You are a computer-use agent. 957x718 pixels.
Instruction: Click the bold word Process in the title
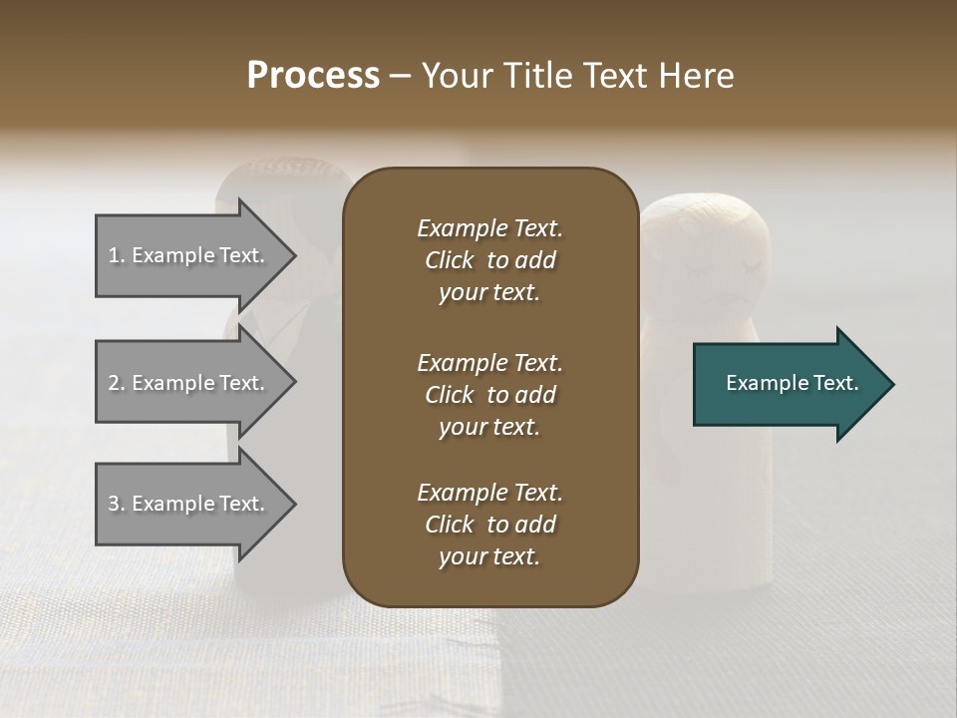[313, 76]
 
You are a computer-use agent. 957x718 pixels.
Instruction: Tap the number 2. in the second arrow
[117, 383]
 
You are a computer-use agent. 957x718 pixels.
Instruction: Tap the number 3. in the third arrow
[117, 504]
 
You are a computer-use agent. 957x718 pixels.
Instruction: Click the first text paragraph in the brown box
[489, 260]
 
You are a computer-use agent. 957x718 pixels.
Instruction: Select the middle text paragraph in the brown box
[489, 395]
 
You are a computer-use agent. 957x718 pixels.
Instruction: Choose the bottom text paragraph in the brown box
[489, 525]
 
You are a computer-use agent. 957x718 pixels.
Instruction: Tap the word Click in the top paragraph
[449, 260]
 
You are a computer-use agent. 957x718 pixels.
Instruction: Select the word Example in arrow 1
[172, 255]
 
